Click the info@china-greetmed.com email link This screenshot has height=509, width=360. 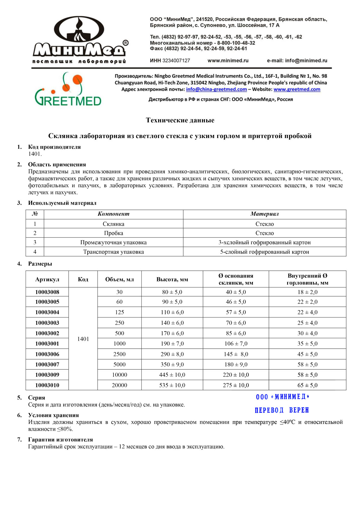click(x=216, y=89)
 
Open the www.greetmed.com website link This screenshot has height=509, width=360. click(x=297, y=89)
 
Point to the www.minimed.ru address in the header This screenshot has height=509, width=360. click(x=228, y=61)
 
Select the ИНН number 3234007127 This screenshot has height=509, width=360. click(x=176, y=61)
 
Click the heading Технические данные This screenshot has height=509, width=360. click(x=180, y=120)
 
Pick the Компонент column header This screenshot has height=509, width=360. click(x=113, y=214)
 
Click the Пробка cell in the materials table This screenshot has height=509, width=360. click(x=113, y=233)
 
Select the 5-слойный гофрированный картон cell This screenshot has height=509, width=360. click(x=265, y=252)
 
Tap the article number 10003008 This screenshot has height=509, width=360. click(x=47, y=292)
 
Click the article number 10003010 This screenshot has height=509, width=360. click(x=47, y=385)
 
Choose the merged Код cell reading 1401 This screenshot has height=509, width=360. click(x=83, y=339)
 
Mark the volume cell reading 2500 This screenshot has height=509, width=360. click(x=119, y=354)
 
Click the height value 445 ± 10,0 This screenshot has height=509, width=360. click(x=172, y=375)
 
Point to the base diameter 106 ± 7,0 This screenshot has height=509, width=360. click(x=236, y=344)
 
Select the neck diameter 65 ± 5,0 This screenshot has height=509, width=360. click(x=307, y=385)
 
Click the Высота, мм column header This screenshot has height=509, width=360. click(x=172, y=280)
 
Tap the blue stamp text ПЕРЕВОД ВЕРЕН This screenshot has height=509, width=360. click(x=282, y=410)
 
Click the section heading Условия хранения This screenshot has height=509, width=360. click(x=53, y=415)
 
